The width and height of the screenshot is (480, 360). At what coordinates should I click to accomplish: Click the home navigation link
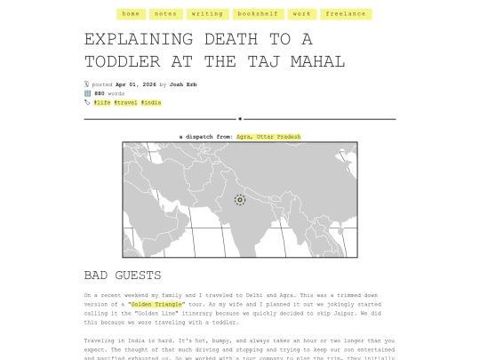(x=131, y=14)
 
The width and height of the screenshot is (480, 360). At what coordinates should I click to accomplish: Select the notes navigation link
(x=165, y=14)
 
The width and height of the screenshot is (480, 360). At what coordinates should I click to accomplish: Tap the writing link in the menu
(x=207, y=14)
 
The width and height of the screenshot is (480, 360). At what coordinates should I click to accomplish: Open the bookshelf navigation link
(x=256, y=14)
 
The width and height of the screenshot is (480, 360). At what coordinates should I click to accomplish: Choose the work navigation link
(x=302, y=14)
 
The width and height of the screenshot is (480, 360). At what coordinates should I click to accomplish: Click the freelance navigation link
(x=346, y=14)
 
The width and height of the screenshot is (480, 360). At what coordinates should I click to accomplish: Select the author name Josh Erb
(x=183, y=84)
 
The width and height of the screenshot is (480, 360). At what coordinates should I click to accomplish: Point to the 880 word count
(x=100, y=93)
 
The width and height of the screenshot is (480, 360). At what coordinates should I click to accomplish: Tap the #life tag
(x=102, y=102)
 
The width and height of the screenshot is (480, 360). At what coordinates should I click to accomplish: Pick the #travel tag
(x=125, y=102)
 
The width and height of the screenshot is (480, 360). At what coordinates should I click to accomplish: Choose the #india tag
(x=150, y=102)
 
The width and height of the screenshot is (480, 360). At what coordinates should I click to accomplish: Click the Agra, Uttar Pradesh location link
(x=268, y=137)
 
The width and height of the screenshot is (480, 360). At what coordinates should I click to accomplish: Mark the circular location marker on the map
(x=239, y=200)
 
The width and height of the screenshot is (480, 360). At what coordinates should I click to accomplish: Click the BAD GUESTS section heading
(x=123, y=276)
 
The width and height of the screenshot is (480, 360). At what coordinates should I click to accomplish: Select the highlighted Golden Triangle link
(x=156, y=304)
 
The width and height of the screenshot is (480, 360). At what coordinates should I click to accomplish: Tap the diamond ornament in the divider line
(x=240, y=118)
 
